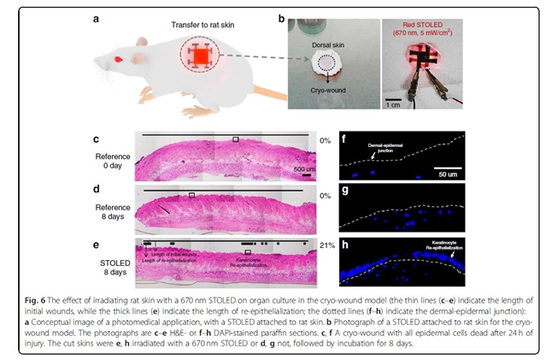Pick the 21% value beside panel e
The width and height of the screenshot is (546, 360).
pyautogui.click(x=326, y=245)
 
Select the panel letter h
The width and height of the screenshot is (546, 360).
pyautogui.click(x=345, y=243)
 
